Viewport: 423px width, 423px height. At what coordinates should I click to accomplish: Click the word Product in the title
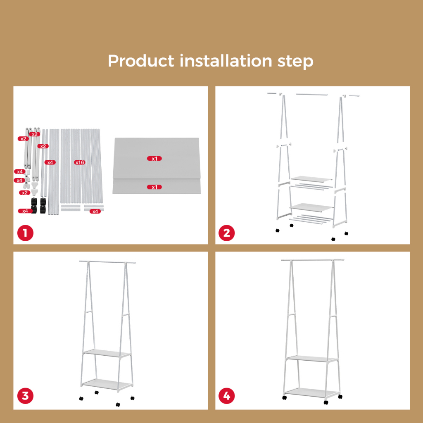click(141, 61)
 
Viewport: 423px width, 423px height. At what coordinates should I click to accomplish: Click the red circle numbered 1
click(25, 233)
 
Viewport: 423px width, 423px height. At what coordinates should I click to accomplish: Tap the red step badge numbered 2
click(227, 233)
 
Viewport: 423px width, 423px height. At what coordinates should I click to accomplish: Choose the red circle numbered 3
click(25, 396)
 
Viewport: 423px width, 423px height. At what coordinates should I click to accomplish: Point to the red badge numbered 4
click(227, 396)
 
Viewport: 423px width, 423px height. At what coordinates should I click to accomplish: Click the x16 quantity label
click(80, 162)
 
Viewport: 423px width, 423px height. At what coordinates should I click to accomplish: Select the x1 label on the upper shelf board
click(154, 158)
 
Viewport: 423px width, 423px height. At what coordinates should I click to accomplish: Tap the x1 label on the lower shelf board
click(154, 187)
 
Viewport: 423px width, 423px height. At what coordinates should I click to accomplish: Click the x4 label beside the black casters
click(25, 211)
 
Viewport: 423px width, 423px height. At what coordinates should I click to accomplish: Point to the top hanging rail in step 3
click(107, 262)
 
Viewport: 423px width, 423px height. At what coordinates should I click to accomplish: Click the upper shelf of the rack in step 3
click(107, 354)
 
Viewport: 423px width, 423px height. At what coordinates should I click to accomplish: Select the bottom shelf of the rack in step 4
click(311, 392)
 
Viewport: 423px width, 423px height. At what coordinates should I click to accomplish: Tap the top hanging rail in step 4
click(313, 260)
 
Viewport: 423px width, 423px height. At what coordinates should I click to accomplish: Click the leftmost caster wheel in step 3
click(81, 398)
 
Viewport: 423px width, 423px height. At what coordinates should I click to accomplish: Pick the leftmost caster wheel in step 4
click(284, 398)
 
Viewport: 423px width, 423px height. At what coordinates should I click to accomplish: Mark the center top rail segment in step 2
click(312, 95)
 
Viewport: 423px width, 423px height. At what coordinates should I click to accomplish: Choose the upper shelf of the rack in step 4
click(312, 359)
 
